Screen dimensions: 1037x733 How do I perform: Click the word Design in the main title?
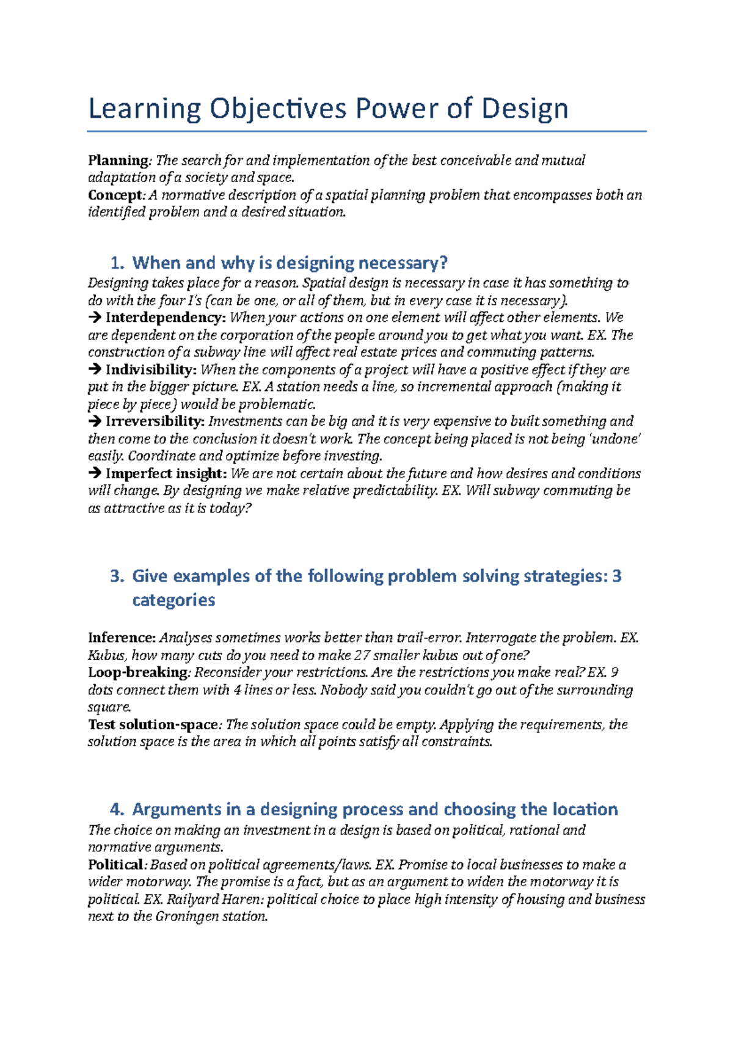pos(524,109)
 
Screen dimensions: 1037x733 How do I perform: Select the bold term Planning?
pos(118,161)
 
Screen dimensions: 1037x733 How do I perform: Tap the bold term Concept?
pos(115,195)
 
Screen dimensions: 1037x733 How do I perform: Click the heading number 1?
pos(117,263)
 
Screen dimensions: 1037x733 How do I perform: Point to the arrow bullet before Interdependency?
pos(95,318)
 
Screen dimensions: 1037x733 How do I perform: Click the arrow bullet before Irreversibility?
pos(95,422)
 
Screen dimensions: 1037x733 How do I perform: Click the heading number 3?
pos(117,577)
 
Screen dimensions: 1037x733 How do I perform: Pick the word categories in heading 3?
pos(173,600)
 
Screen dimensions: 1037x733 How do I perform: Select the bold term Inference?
pos(122,638)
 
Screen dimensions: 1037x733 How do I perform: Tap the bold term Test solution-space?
pos(153,725)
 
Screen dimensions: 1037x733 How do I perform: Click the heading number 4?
pos(117,810)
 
